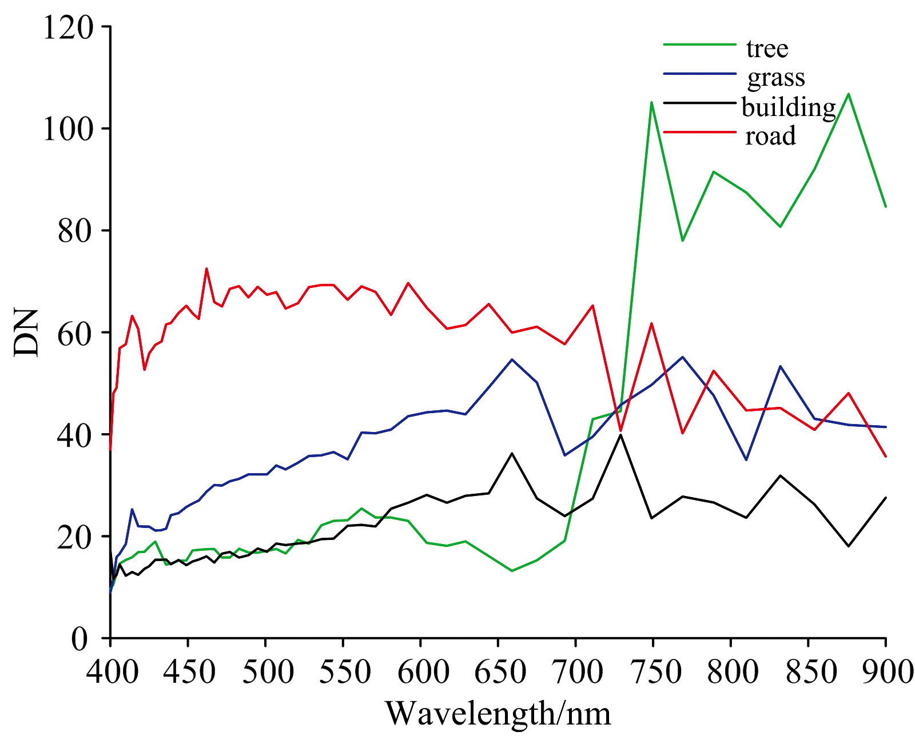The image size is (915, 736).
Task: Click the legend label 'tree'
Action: (x=767, y=49)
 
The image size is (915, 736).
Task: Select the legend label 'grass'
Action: (x=776, y=78)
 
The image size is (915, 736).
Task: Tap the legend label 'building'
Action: (x=789, y=107)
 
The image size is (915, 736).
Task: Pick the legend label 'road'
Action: (x=770, y=136)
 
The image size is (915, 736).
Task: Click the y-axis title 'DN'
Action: (x=27, y=333)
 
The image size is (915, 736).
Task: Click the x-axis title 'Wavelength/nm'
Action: (x=498, y=714)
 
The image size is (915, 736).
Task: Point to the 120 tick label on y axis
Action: (x=67, y=27)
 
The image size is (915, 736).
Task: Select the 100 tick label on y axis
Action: (x=67, y=129)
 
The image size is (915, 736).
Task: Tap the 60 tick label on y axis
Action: (x=75, y=333)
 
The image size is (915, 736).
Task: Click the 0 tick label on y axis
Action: (x=82, y=638)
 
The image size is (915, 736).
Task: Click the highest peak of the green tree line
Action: (x=849, y=93)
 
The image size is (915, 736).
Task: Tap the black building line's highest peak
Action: (x=620, y=435)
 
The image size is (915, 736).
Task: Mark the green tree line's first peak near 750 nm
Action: (x=651, y=102)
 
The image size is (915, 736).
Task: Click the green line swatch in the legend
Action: (x=699, y=44)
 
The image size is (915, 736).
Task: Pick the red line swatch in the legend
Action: (x=699, y=131)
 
